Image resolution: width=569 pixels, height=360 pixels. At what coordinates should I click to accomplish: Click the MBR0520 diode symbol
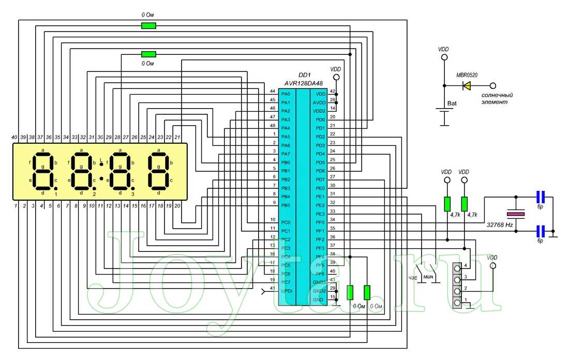click(x=467, y=85)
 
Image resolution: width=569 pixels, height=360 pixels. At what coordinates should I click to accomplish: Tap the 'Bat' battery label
click(x=452, y=103)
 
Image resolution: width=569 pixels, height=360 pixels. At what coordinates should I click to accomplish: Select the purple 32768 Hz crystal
click(x=516, y=214)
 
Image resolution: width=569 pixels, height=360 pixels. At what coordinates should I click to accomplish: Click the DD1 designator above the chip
click(x=305, y=75)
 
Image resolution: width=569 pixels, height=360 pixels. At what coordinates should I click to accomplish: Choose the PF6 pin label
click(x=320, y=273)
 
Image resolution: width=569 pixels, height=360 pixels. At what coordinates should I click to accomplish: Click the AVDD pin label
click(x=319, y=102)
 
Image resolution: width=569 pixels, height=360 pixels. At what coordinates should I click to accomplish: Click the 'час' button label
click(x=412, y=277)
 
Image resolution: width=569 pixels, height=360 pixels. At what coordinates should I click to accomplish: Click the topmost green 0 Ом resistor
click(x=148, y=25)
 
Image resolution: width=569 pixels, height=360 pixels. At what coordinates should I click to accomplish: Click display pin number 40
click(x=14, y=137)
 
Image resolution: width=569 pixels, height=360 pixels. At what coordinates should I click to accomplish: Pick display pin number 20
click(x=177, y=206)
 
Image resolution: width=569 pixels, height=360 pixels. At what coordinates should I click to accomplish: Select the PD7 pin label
click(x=320, y=179)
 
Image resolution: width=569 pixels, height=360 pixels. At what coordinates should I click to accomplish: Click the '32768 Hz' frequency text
click(x=500, y=226)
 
